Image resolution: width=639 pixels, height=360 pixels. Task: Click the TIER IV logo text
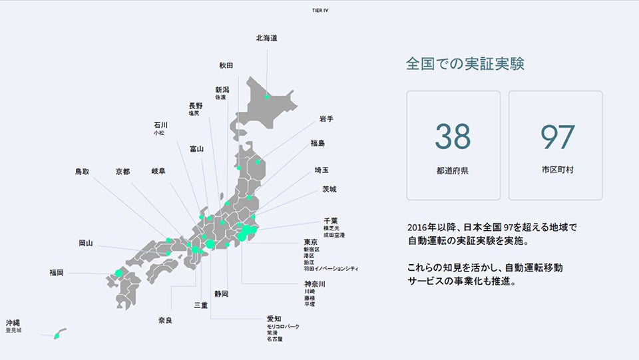pyautogui.click(x=319, y=10)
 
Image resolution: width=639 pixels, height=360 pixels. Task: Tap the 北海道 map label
pyautogui.click(x=266, y=38)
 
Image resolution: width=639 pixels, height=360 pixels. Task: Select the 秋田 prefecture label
pyautogui.click(x=226, y=65)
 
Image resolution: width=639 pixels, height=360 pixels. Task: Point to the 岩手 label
pyautogui.click(x=326, y=119)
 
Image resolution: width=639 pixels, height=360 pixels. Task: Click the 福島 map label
pyautogui.click(x=318, y=143)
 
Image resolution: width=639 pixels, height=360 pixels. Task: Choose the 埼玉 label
pyautogui.click(x=321, y=170)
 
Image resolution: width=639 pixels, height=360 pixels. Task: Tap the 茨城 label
pyautogui.click(x=329, y=189)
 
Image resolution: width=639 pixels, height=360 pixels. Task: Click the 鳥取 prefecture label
pyautogui.click(x=83, y=172)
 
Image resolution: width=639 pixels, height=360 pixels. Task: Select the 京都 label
pyautogui.click(x=122, y=172)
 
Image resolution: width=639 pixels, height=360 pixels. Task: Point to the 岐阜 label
pyautogui.click(x=158, y=172)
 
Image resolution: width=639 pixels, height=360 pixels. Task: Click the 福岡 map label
pyautogui.click(x=57, y=272)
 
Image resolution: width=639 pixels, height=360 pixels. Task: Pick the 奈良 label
pyautogui.click(x=165, y=320)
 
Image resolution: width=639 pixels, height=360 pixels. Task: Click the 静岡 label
pyautogui.click(x=221, y=293)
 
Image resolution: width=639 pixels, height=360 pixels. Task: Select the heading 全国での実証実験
pyautogui.click(x=465, y=65)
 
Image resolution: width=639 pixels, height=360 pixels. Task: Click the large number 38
pyautogui.click(x=453, y=136)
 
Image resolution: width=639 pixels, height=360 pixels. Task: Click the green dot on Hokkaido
pyautogui.click(x=267, y=97)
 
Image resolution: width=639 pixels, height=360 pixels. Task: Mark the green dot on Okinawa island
pyautogui.click(x=57, y=336)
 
